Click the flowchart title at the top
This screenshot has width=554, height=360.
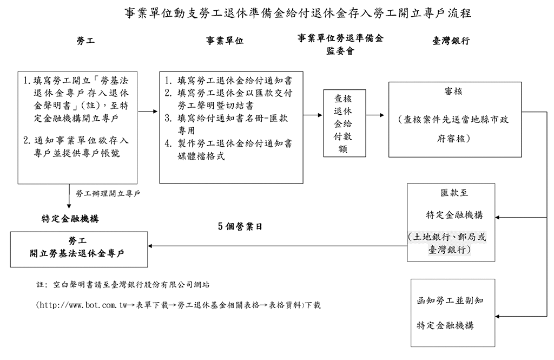coord(298,14)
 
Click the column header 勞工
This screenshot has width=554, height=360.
coord(85,41)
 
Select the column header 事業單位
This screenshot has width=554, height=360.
coord(225,41)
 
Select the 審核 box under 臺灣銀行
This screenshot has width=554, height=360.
coord(455,119)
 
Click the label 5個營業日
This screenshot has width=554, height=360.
coord(240,227)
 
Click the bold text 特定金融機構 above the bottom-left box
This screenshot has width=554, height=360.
coord(70,219)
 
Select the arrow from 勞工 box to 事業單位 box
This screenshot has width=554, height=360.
coord(148,112)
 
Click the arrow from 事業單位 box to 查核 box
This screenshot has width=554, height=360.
coord(313,115)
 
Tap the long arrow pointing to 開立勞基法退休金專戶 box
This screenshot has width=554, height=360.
coord(276,247)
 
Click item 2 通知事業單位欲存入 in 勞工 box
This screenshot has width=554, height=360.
coord(77,147)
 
